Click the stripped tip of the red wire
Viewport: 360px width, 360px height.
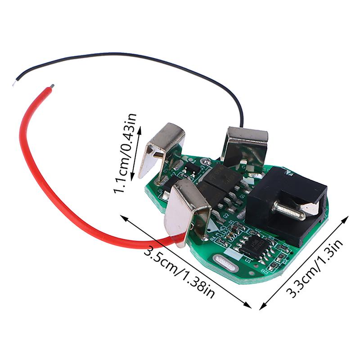coord(53,85)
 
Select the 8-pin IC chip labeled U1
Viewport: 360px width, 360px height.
coord(255,245)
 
